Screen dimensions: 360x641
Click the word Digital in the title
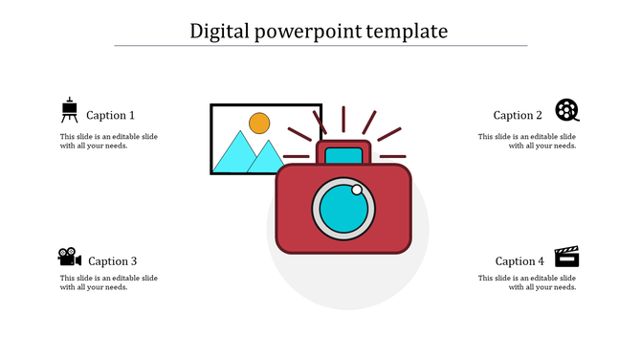click(218, 31)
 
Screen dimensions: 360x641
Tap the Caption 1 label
click(110, 115)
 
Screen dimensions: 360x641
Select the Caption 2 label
click(518, 115)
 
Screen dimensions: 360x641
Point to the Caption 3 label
click(112, 260)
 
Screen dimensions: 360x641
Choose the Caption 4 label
click(519, 260)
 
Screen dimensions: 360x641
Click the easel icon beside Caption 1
click(69, 111)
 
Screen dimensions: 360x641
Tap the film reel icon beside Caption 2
click(567, 110)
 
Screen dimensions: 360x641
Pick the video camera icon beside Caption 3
click(69, 257)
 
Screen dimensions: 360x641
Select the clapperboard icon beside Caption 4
click(567, 257)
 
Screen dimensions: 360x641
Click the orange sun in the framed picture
click(259, 124)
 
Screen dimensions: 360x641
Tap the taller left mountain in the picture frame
click(232, 153)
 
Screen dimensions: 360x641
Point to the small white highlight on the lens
click(357, 191)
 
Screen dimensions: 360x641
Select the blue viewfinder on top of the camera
click(343, 155)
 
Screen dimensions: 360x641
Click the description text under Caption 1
click(108, 141)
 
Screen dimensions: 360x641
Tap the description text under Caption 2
click(527, 141)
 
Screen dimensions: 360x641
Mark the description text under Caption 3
click(108, 282)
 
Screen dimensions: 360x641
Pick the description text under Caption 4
click(527, 282)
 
